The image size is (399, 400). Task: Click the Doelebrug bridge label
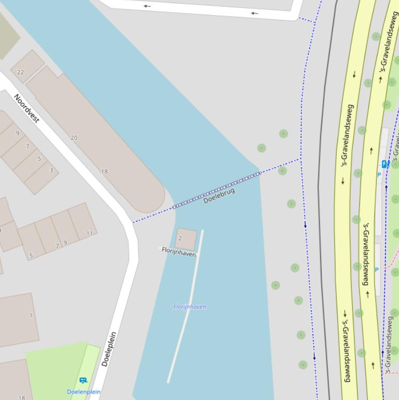[x=219, y=195]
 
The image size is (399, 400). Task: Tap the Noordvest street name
[x=26, y=108]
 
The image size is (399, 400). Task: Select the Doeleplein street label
[x=109, y=349]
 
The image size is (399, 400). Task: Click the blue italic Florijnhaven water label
[x=189, y=306]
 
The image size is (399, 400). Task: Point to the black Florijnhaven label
[x=178, y=252]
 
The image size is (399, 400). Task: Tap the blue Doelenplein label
[x=84, y=392]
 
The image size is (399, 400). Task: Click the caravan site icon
[x=83, y=381]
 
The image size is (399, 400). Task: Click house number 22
[x=20, y=72]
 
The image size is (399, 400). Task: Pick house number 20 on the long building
[x=74, y=138]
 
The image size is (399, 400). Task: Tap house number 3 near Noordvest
[x=51, y=170]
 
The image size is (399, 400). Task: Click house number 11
[x=89, y=233]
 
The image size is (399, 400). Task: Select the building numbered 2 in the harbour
[x=187, y=238]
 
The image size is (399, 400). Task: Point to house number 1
[x=31, y=315]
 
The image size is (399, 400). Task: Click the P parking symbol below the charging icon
[x=379, y=175]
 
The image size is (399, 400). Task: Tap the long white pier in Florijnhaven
[x=185, y=306]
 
